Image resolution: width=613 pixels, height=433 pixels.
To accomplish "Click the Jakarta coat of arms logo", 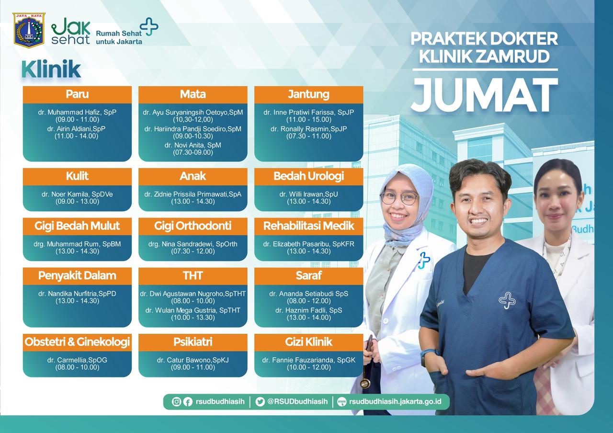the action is [x=29, y=30].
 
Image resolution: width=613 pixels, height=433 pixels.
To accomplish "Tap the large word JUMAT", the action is [x=485, y=94].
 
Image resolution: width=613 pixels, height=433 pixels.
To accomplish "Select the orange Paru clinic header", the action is [x=77, y=94].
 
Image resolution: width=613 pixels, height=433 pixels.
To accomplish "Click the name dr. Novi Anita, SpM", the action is [x=193, y=145].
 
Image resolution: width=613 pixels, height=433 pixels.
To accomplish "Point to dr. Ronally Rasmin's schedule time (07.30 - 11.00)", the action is [x=309, y=136].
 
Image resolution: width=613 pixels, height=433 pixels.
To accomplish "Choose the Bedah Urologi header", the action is [x=309, y=176].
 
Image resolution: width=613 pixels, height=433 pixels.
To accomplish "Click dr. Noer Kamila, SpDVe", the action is [x=77, y=194].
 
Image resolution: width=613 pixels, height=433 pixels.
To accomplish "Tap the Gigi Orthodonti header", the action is [x=193, y=226].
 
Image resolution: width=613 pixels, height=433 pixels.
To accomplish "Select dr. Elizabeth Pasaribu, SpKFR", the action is [x=309, y=244].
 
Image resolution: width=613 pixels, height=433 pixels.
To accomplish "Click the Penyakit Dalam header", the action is [x=77, y=276].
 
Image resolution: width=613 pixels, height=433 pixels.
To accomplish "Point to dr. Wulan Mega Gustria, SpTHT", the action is [x=193, y=310].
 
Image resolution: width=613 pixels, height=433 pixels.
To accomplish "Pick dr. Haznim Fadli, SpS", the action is [x=309, y=310].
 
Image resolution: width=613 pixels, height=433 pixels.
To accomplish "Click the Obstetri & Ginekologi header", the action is [x=77, y=342].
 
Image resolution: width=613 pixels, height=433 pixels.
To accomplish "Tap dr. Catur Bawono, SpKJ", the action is [x=193, y=360].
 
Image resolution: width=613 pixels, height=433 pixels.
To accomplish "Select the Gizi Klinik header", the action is [x=309, y=342].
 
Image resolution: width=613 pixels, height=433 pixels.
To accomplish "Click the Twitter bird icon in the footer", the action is [x=260, y=401].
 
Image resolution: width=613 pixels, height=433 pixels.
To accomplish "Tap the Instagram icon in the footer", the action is [x=177, y=401].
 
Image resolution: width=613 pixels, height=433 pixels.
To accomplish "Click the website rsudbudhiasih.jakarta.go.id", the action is [x=395, y=401].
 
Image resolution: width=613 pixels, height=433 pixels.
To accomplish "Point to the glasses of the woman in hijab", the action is [x=400, y=198].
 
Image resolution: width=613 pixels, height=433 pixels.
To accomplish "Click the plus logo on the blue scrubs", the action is [x=507, y=301].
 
